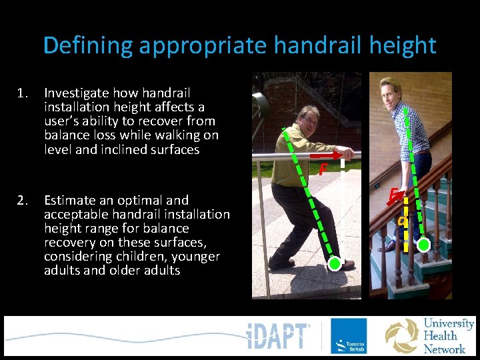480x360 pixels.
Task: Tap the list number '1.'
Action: pos(23,93)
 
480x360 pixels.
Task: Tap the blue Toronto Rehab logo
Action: pos(348,336)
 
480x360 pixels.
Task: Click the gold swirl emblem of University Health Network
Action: pos(401,335)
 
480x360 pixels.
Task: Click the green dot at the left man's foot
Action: pos(335,264)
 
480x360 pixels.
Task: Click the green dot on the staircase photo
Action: pos(423,246)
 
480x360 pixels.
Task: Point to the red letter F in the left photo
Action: pos(322,170)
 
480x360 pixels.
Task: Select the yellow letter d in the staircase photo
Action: pos(401,220)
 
